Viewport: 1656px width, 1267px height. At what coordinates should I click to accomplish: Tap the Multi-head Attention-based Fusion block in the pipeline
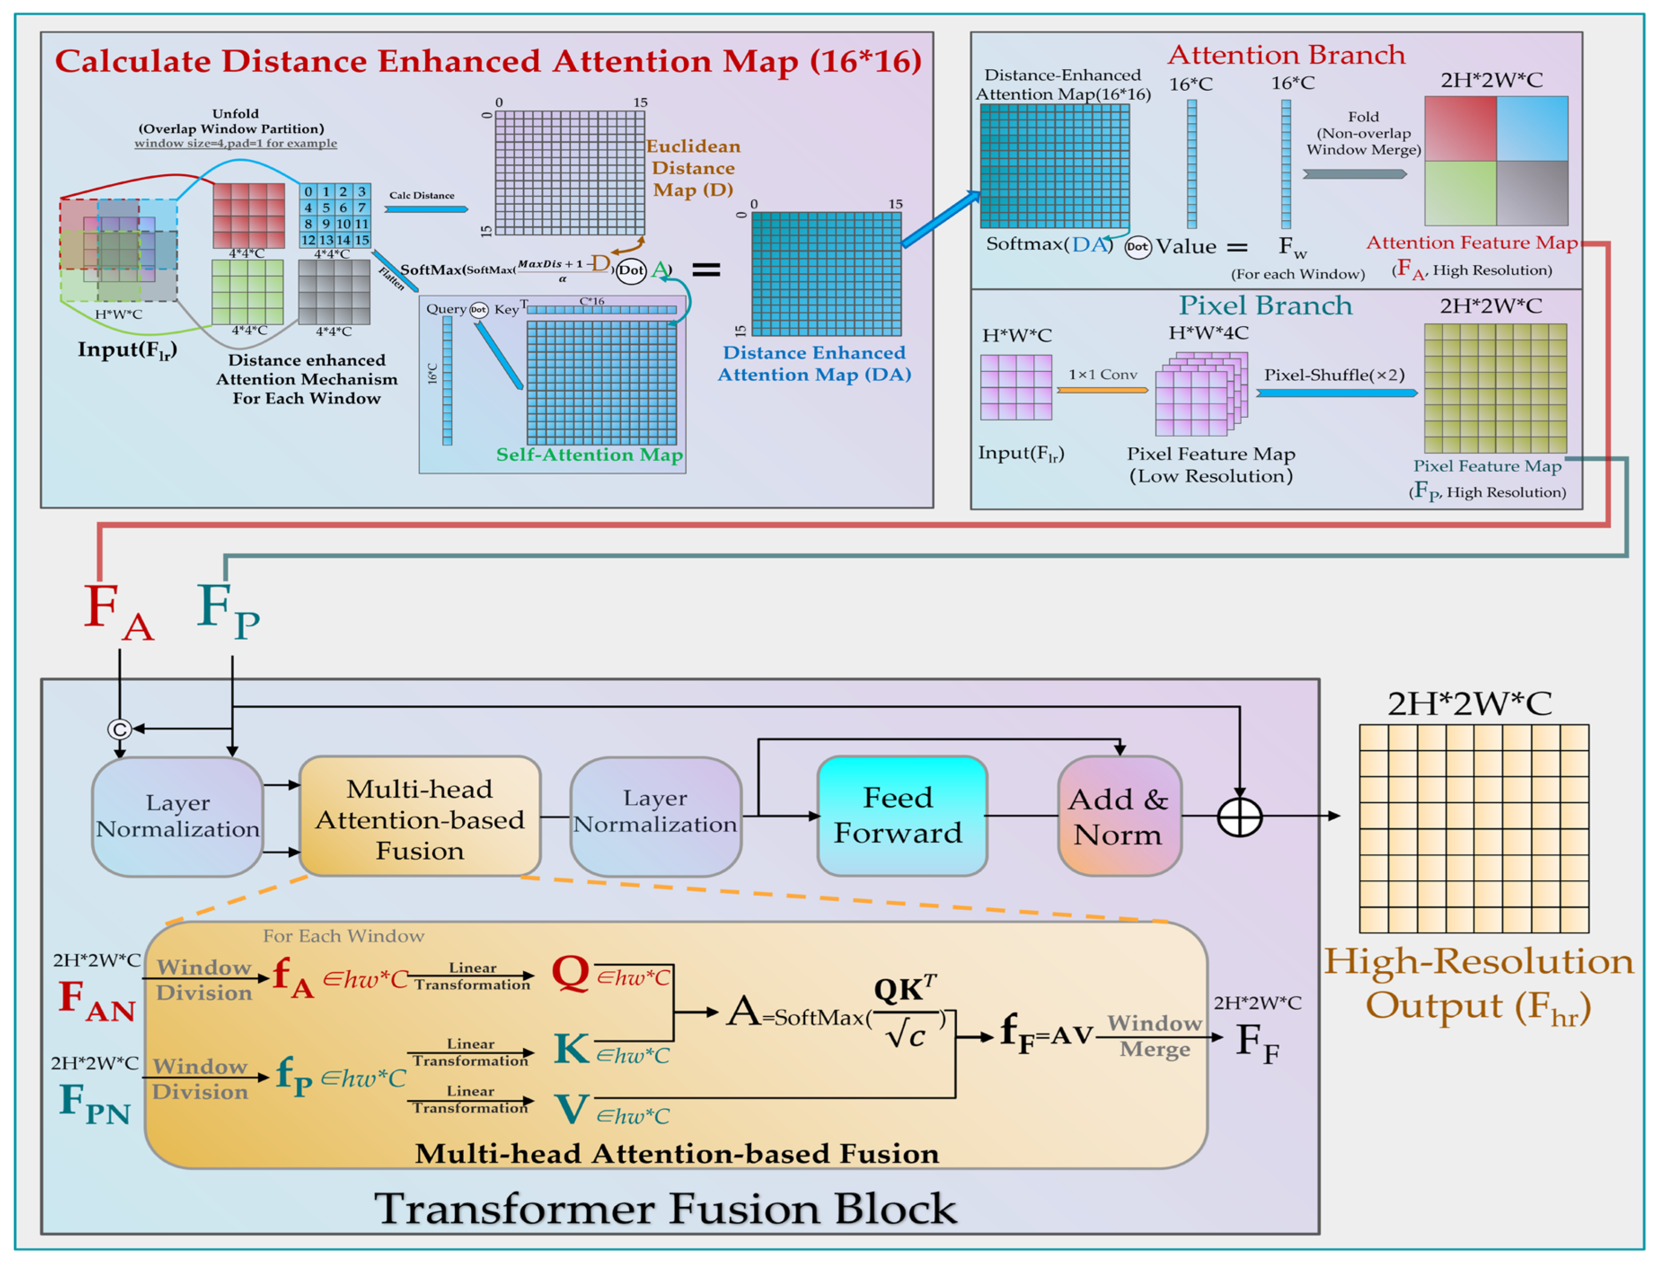pos(420,817)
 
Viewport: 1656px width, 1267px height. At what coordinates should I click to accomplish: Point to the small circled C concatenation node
pos(119,729)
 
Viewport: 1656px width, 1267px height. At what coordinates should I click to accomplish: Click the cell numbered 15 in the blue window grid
pos(361,240)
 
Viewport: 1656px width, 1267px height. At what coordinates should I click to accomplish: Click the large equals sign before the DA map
pos(706,269)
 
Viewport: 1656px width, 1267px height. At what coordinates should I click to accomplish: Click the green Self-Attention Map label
pos(589,455)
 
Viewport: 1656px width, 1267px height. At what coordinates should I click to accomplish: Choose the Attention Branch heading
pos(1286,55)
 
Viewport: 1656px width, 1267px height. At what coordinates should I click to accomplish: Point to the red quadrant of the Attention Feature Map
pos(1459,128)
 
